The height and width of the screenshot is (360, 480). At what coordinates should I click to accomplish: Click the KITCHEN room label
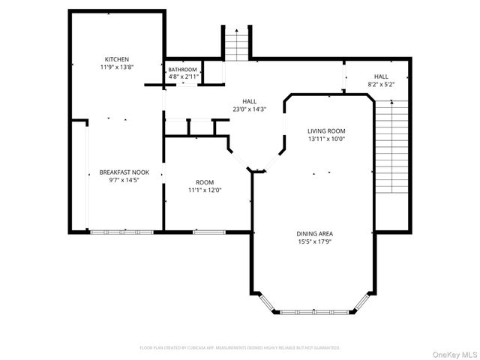point(117,59)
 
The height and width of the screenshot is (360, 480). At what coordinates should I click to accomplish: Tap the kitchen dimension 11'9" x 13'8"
point(117,67)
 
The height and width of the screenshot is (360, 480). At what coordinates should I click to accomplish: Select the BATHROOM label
point(183,69)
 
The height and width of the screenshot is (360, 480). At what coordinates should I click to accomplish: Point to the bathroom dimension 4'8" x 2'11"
point(183,76)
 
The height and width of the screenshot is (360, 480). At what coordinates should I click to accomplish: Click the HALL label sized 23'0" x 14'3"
point(250,100)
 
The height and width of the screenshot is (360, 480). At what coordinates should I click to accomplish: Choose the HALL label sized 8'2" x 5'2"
point(381,76)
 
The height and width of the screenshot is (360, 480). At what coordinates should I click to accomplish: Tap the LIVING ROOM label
point(326,130)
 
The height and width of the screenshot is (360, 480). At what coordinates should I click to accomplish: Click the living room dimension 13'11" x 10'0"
point(326,139)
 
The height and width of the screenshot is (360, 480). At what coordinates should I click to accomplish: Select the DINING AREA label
point(315,233)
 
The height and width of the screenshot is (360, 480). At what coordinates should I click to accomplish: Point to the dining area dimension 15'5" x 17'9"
point(315,241)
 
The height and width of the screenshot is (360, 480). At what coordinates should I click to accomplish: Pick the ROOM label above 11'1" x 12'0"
point(205,181)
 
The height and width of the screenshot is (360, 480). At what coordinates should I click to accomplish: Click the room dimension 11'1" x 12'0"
point(205,190)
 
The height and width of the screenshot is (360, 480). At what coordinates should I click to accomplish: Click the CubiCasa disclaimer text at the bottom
point(240,348)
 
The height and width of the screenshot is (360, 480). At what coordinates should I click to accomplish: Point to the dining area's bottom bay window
point(314,310)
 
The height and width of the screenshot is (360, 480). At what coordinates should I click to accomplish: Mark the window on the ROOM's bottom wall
point(204,232)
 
